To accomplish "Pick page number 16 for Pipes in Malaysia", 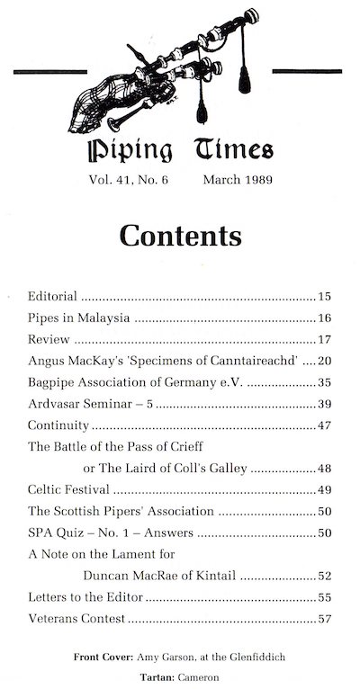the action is click(x=326, y=318).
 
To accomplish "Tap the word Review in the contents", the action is click(x=49, y=339).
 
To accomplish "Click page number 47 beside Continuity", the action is click(x=326, y=425).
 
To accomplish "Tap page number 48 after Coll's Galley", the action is click(x=326, y=469).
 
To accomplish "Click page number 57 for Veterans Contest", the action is click(x=326, y=620).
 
